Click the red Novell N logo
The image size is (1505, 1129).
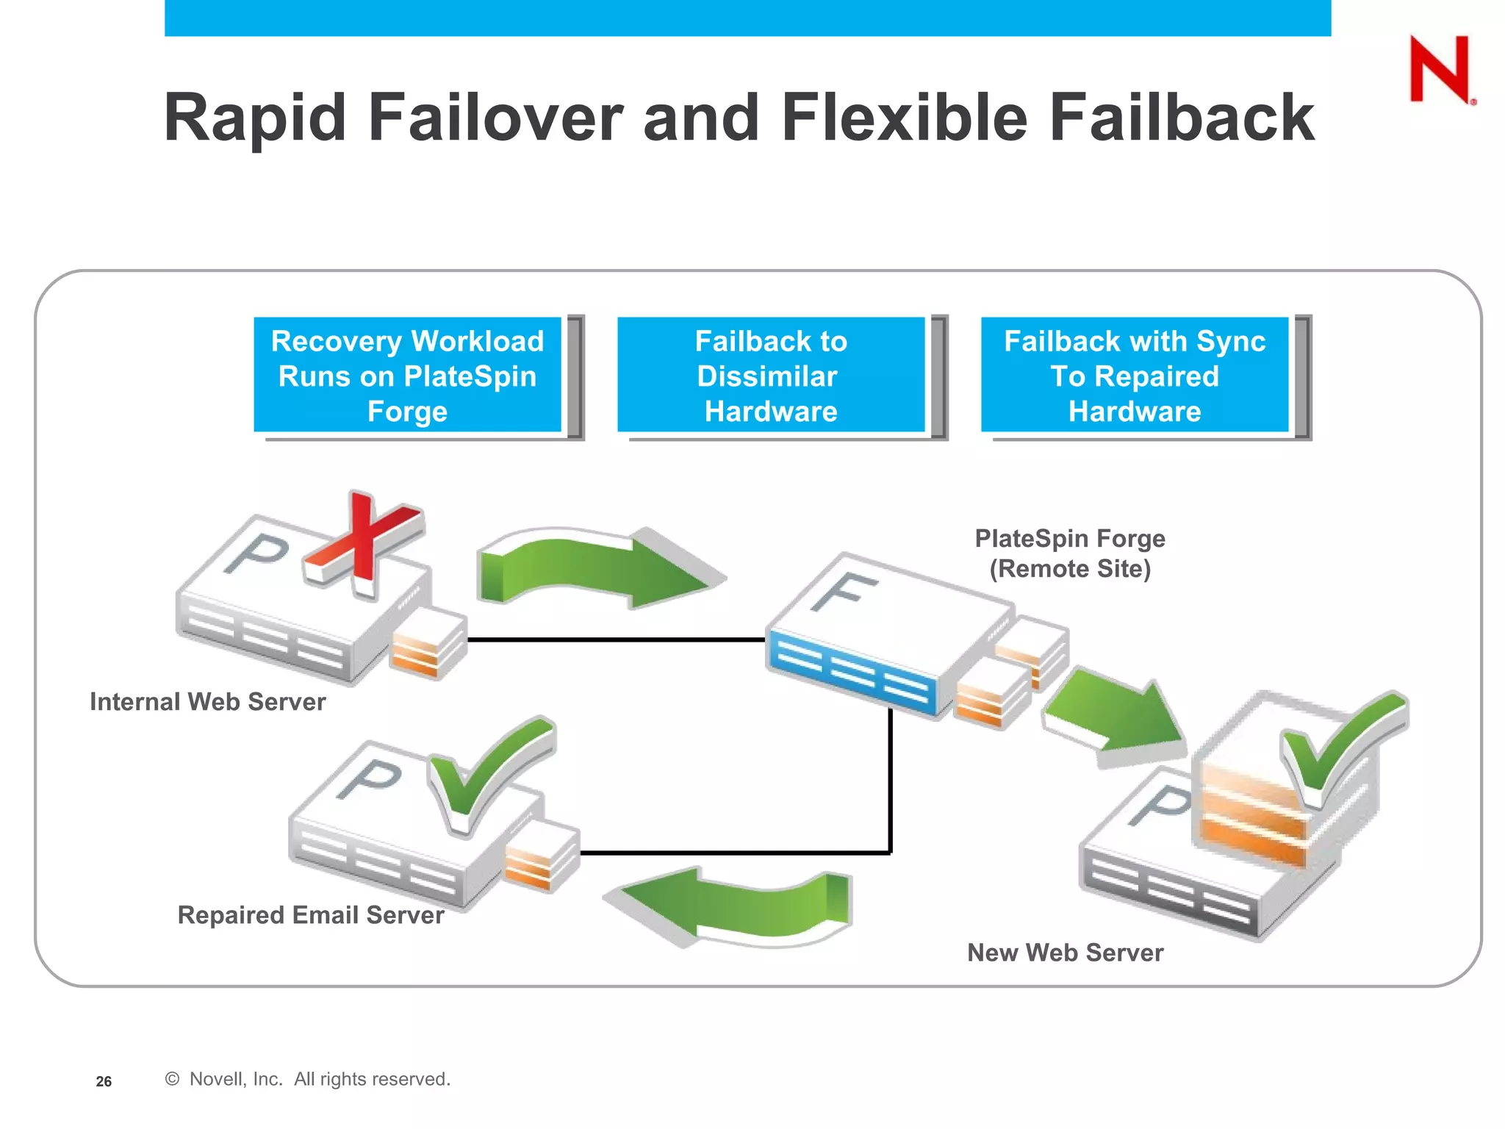tap(1440, 69)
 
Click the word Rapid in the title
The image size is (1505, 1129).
tap(254, 118)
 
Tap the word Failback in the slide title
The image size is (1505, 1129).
tap(1181, 118)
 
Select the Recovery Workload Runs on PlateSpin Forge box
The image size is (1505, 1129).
tap(407, 375)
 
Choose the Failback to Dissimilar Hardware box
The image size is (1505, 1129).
tap(771, 375)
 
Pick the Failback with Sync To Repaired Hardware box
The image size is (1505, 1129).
tap(1135, 375)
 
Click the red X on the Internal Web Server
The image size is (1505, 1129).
tap(363, 544)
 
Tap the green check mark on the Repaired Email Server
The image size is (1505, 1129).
tap(489, 772)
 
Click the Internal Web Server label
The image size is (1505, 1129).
tap(207, 702)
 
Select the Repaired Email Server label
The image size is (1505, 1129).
tap(311, 915)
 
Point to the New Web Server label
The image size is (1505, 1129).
tap(1065, 953)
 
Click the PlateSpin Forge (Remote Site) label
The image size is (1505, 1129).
tap(1070, 553)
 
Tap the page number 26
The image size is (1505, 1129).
tap(104, 1081)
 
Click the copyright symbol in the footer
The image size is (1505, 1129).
tap(172, 1079)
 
